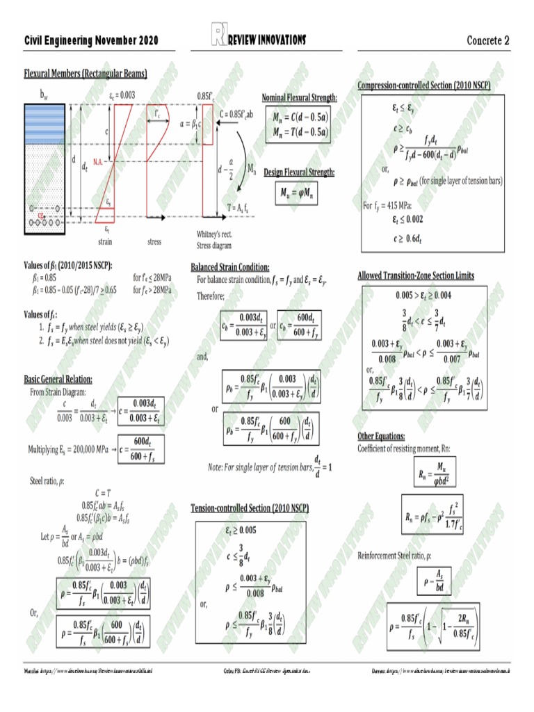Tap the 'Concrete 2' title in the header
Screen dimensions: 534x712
click(487, 40)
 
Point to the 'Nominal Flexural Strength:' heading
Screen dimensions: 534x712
click(300, 97)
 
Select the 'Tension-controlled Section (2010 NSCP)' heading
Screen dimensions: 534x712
click(250, 508)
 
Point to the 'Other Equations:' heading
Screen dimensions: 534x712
click(382, 436)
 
